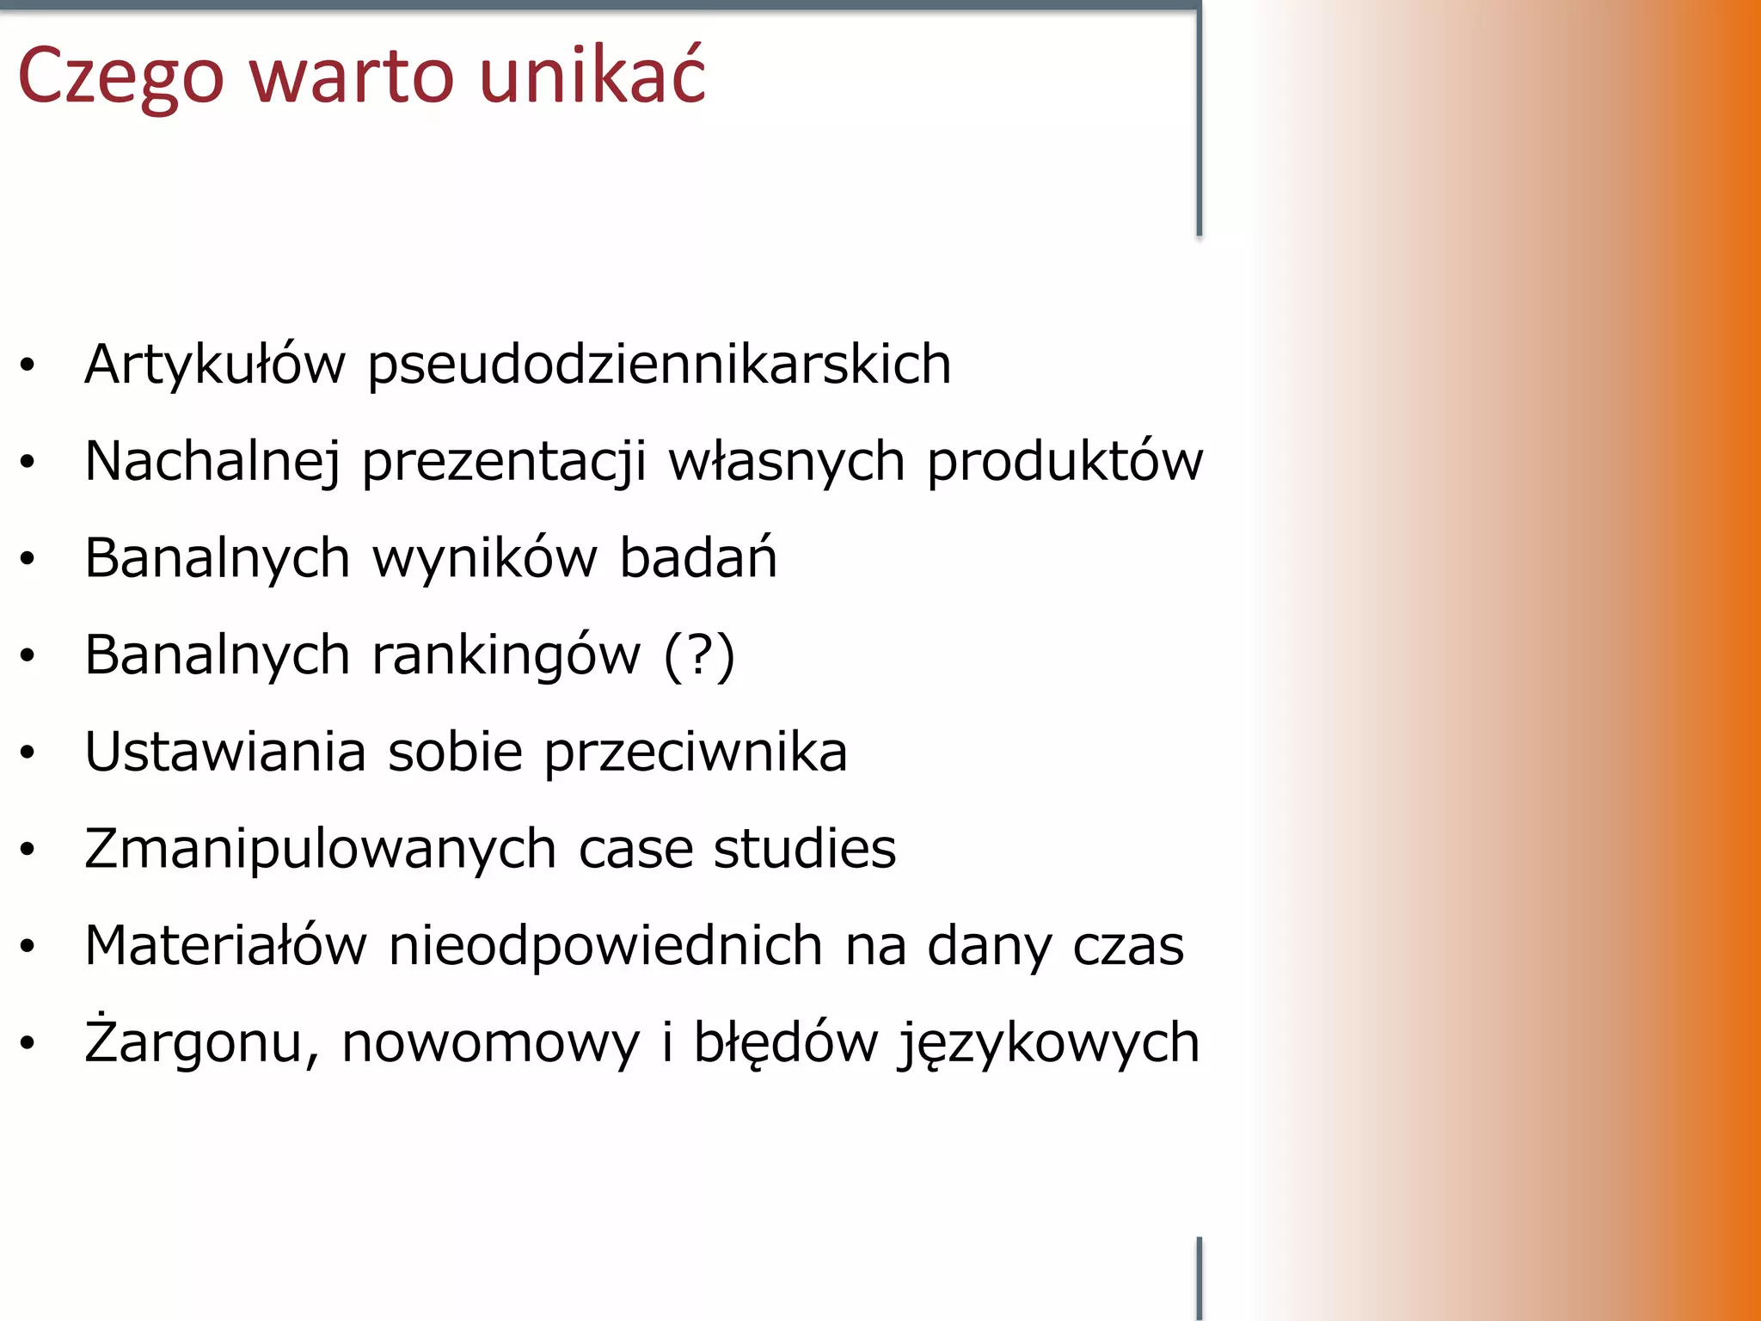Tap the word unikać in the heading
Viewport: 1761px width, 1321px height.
pyautogui.click(x=592, y=76)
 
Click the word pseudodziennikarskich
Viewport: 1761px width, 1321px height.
pyautogui.click(x=659, y=365)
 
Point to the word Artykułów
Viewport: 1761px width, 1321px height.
pyautogui.click(x=215, y=365)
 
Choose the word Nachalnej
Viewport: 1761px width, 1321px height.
pyautogui.click(x=212, y=462)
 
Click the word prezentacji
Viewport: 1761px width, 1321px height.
pyautogui.click(x=504, y=462)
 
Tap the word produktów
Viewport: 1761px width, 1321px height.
pyautogui.click(x=1065, y=462)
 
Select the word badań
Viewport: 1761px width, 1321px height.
pyautogui.click(x=698, y=558)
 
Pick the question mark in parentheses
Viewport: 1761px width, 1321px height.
pyautogui.click(x=700, y=655)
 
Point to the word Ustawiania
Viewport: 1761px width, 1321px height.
pyautogui.click(x=225, y=752)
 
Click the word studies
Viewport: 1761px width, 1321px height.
pyautogui.click(x=805, y=849)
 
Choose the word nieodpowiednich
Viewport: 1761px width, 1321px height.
pyautogui.click(x=606, y=946)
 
